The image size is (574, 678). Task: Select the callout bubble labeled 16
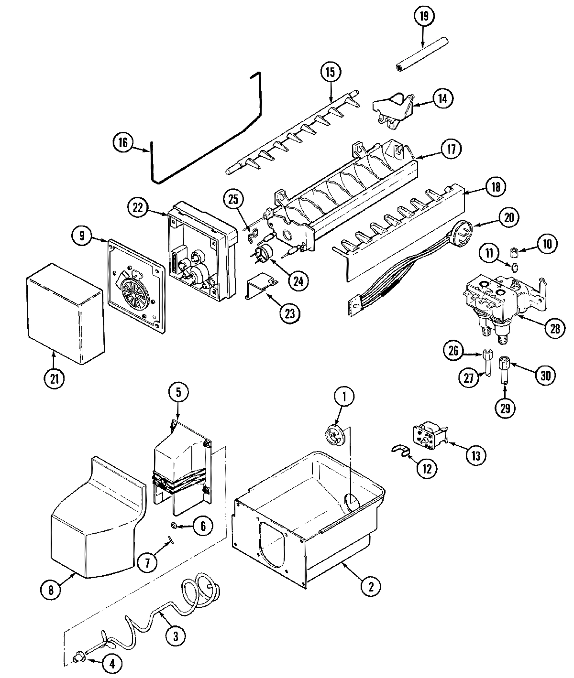tap(123, 142)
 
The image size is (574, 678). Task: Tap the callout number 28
tap(554, 328)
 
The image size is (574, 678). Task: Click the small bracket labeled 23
tap(261, 288)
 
